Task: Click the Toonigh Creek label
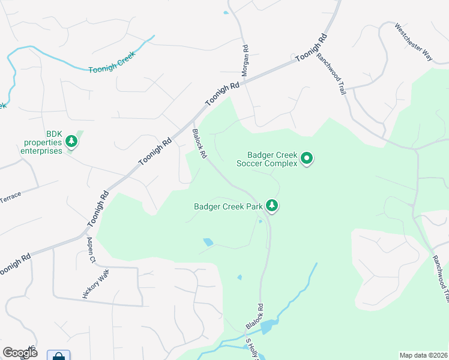tap(112, 62)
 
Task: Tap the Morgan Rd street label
tap(245, 60)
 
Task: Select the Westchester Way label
tap(413, 42)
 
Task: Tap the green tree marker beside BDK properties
tap(72, 142)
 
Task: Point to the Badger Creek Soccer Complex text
tap(267, 159)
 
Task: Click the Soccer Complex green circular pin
tap(307, 159)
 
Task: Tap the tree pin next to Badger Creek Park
tap(273, 206)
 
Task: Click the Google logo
tap(20, 352)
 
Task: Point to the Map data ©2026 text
tap(423, 355)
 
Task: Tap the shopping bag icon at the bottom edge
tap(58, 356)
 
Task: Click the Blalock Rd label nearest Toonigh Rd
tap(199, 144)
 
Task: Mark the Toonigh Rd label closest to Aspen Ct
tap(98, 208)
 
